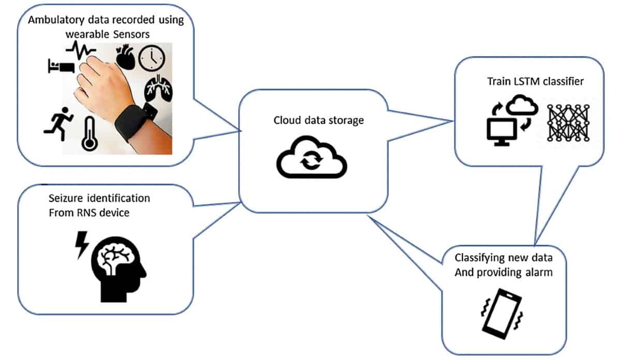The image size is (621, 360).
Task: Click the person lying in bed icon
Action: click(x=61, y=66)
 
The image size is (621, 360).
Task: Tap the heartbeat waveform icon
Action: click(x=81, y=51)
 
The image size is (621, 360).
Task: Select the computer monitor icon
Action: click(x=501, y=131)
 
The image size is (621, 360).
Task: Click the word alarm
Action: click(x=537, y=272)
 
